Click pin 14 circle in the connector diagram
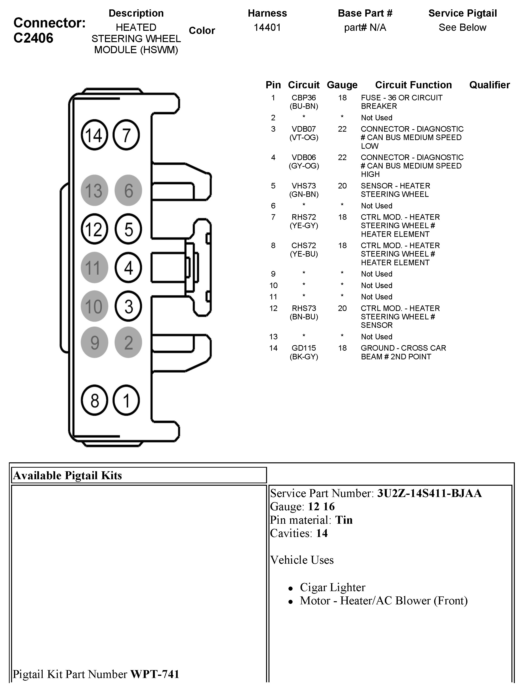(94, 135)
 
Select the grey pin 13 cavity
(94, 190)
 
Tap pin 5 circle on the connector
(128, 229)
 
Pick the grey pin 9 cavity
(94, 342)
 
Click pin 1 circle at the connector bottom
(126, 400)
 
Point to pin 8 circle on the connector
(94, 400)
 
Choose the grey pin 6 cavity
(128, 190)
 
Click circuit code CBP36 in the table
(304, 98)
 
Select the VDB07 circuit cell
(304, 129)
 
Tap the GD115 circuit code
(304, 348)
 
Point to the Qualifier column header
(489, 85)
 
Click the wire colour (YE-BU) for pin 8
(304, 254)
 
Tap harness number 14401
(267, 27)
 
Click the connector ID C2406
(33, 38)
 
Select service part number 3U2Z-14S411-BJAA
(429, 493)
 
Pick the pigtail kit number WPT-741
(155, 674)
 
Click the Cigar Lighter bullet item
(332, 587)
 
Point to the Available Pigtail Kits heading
(67, 475)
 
